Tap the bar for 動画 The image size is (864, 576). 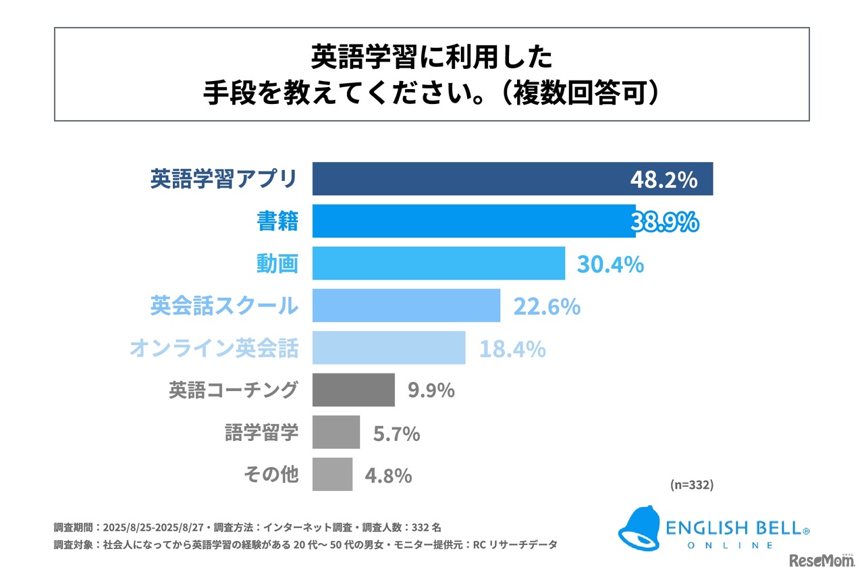438,263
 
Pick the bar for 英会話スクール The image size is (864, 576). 406,306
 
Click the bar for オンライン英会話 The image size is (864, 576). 388,348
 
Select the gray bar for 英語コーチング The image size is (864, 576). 353,390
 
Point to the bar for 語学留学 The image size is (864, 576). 335,432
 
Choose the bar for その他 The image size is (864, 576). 332,474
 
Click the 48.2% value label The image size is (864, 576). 664,180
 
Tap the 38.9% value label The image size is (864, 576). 665,221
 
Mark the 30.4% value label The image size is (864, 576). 610,264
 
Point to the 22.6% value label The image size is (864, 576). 547,307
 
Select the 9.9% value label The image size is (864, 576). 431,391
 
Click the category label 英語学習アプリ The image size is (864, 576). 223,180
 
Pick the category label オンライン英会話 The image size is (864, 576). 214,348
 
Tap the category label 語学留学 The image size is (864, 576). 261,432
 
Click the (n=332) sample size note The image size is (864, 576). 692,485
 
